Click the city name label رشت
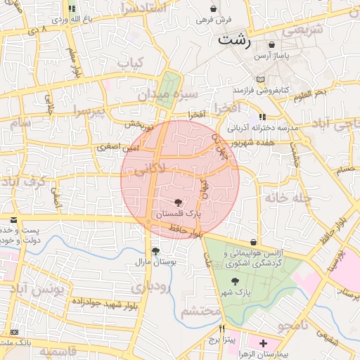coord(233,39)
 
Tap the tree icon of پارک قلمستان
coord(177,202)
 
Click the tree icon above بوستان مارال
coord(155,250)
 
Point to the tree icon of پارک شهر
coord(235,281)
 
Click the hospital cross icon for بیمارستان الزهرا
coord(263,344)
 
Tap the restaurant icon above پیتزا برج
coord(223,328)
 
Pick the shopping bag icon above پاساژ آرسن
coord(271,45)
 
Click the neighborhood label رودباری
coord(149,287)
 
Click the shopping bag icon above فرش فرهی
coord(213,8)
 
